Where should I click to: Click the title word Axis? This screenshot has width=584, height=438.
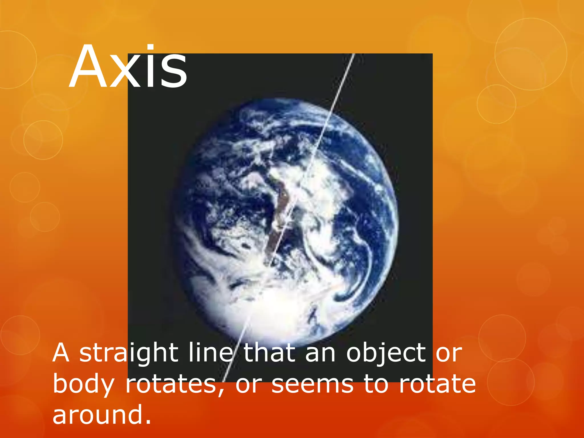(x=128, y=67)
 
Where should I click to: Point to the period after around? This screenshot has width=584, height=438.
(x=148, y=422)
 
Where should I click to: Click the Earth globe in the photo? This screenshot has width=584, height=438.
(x=285, y=222)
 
